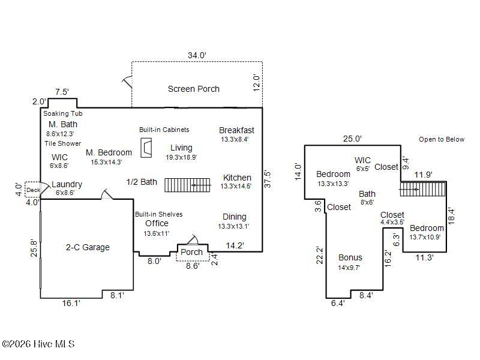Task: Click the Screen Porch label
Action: tap(193, 89)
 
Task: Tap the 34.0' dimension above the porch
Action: tap(197, 55)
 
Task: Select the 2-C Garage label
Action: tap(88, 247)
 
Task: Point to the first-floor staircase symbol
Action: tap(188, 185)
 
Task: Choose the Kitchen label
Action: tap(237, 178)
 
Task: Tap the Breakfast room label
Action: tap(236, 130)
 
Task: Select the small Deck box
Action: tap(32, 190)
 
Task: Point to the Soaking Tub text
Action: tap(62, 113)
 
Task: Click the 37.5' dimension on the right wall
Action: tap(268, 179)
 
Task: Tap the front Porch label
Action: tap(191, 252)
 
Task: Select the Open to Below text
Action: tap(442, 139)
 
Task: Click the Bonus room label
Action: tap(350, 258)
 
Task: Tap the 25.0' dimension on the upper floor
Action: tap(352, 139)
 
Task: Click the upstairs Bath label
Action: tap(367, 194)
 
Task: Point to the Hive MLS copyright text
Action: tap(38, 344)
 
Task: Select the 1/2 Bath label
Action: tap(142, 182)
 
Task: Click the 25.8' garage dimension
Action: tap(34, 248)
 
